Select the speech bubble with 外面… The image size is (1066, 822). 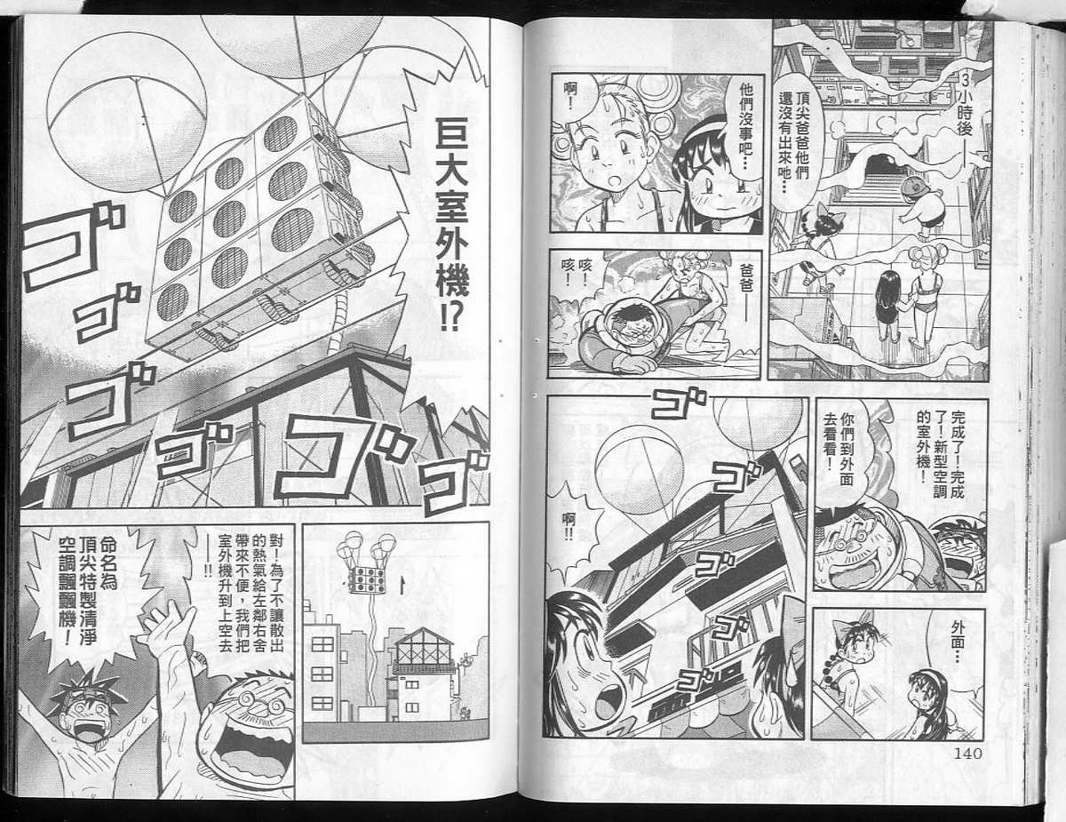(954, 642)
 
